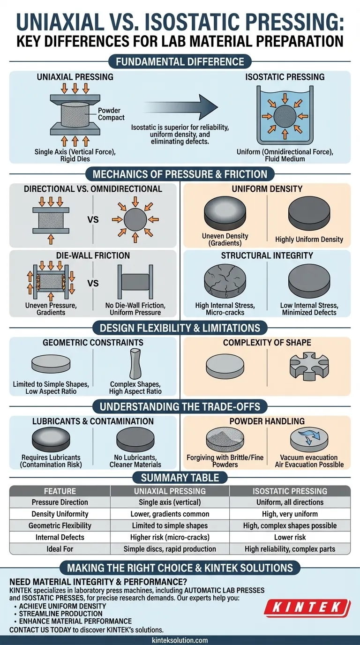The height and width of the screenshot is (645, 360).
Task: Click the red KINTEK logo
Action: click(307, 607)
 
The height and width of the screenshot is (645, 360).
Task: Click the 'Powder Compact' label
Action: click(111, 114)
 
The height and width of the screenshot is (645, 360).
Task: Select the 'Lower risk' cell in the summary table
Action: click(290, 537)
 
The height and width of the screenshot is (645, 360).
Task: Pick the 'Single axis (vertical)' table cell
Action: click(170, 502)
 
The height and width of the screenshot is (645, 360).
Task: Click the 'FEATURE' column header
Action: click(60, 491)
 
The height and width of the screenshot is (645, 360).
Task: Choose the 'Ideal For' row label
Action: click(60, 549)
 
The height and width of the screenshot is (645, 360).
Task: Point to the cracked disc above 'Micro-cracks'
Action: click(225, 281)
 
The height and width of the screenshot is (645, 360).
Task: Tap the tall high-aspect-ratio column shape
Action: click(135, 364)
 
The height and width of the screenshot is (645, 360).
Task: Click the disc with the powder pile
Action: click(225, 440)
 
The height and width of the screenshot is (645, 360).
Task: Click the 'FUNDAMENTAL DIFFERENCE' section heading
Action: click(180, 61)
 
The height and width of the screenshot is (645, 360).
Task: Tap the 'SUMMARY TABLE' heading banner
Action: click(180, 478)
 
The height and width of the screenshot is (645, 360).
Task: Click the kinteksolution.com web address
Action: click(180, 640)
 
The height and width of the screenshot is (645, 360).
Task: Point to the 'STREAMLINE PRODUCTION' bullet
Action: click(61, 614)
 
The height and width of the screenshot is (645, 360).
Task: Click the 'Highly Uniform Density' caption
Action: click(309, 239)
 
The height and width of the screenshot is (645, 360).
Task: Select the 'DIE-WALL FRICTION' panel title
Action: click(93, 255)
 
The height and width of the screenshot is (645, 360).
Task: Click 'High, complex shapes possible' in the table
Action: click(290, 525)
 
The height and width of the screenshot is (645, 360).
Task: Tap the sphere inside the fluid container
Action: click(285, 116)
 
